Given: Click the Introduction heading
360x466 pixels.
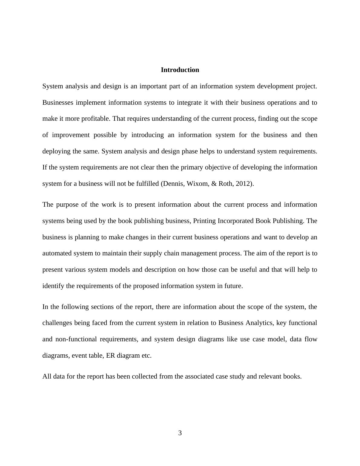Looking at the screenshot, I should (x=180, y=70).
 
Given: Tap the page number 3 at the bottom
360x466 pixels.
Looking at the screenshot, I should (x=180, y=433).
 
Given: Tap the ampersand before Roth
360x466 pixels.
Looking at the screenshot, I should (x=214, y=184).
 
